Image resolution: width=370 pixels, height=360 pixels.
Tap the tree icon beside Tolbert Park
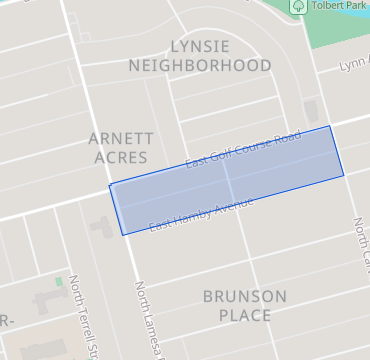tap(298, 6)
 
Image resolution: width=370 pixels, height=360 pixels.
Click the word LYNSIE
tap(200, 46)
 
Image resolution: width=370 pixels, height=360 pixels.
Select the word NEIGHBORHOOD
tap(200, 65)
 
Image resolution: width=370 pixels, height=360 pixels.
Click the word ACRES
tap(118, 158)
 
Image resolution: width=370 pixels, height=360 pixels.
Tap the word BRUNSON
tap(244, 296)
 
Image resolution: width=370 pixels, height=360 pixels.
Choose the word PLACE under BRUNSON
tap(244, 315)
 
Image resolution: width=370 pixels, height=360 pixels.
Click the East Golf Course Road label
tap(243, 150)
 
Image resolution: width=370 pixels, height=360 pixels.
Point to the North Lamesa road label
tap(147, 320)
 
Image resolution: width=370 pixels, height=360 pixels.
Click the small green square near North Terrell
tap(59, 282)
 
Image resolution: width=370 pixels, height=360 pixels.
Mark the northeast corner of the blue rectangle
tap(331, 126)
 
